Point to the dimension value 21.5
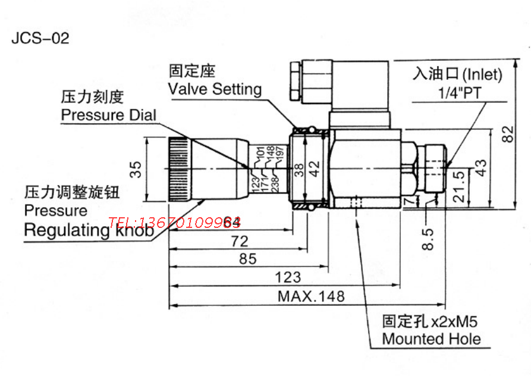coord(459,186)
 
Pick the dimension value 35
coord(137,169)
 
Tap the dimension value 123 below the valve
coord(288,277)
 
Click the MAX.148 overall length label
coord(311,296)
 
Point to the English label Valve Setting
coord(215,89)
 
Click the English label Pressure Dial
coord(109,115)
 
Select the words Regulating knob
coord(89,230)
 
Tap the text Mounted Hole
coord(431,339)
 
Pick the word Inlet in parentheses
coord(482,75)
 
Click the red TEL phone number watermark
coord(174,223)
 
